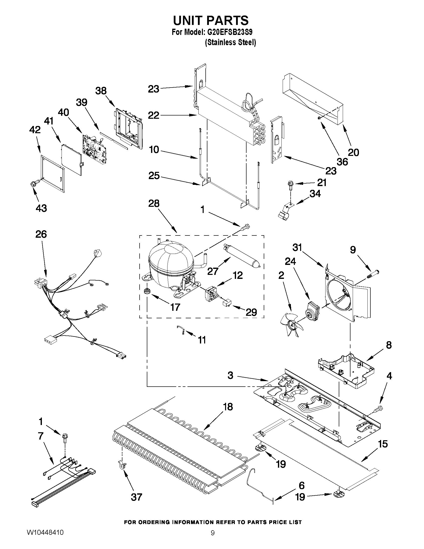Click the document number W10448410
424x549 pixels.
click(45, 532)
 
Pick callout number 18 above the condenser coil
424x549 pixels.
click(228, 407)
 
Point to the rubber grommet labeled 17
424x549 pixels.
click(146, 292)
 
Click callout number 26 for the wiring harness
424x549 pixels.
click(41, 234)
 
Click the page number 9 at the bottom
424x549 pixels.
click(213, 532)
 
